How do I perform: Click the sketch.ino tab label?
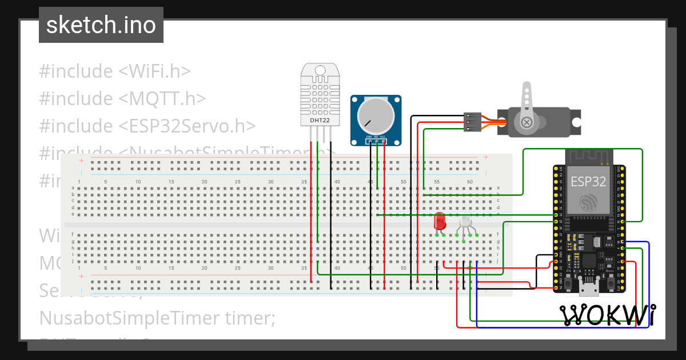(x=101, y=25)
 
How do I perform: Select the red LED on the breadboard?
(x=440, y=222)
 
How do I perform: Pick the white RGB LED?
(x=466, y=222)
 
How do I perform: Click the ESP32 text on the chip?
(x=588, y=182)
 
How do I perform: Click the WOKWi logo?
(x=607, y=315)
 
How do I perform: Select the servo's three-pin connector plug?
(x=472, y=122)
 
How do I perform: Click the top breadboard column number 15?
(x=171, y=182)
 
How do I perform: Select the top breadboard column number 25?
(x=237, y=182)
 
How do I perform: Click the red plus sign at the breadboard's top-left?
(x=81, y=161)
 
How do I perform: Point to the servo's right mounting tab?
(x=577, y=122)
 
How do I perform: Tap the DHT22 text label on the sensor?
(x=320, y=121)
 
